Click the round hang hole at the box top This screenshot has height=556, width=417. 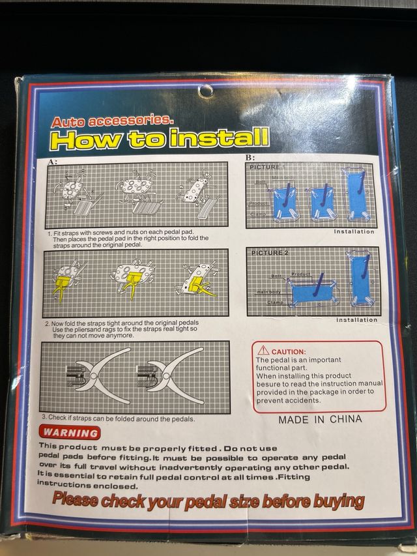click(206, 91)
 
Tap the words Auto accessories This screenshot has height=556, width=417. click(112, 121)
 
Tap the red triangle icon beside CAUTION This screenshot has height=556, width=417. click(263, 350)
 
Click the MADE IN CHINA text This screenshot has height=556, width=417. click(319, 419)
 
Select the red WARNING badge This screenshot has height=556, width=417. click(71, 433)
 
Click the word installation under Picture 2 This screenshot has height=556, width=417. click(356, 319)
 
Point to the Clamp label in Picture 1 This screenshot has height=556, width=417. click(258, 214)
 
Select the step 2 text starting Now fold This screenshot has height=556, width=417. click(124, 328)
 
